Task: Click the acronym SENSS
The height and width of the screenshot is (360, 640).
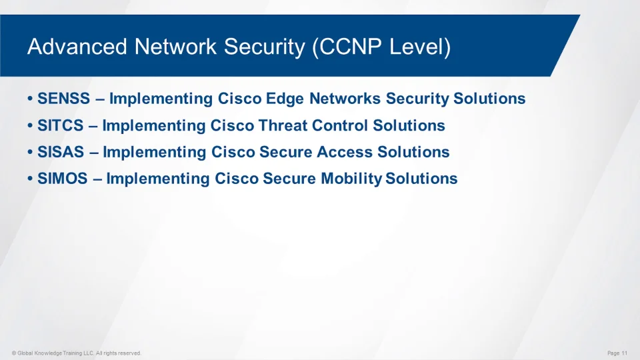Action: pos(64,99)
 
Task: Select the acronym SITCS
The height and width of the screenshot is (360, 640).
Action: pos(61,125)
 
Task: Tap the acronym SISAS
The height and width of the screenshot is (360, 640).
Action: pos(61,152)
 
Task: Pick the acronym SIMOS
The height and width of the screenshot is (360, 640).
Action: pos(63,179)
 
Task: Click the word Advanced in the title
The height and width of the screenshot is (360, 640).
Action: pos(77,46)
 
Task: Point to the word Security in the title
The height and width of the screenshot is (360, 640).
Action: pos(265,47)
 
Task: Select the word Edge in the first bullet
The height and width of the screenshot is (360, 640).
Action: pos(285,99)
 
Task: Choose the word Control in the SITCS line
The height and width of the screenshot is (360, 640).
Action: pos(340,125)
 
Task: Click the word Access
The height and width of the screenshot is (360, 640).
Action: pos(345,152)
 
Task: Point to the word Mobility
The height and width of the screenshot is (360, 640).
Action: pos(351,179)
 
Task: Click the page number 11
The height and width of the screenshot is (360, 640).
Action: pos(625,353)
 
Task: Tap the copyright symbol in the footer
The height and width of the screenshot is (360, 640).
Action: pos(14,353)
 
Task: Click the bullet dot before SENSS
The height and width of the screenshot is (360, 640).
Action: pos(30,99)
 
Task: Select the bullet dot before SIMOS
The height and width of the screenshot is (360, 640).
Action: pos(30,179)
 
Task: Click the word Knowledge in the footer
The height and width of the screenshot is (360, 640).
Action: pos(47,353)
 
